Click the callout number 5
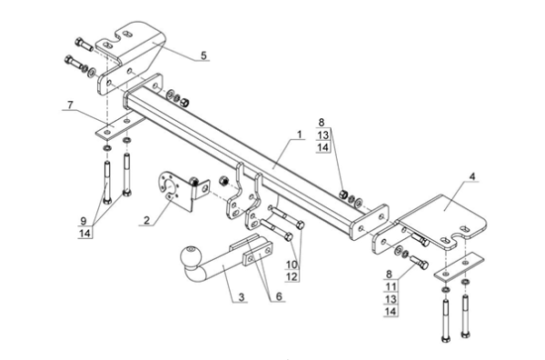[x=203, y=55]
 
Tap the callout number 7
[x=70, y=105]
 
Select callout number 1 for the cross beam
[x=299, y=135]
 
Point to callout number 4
[x=471, y=176]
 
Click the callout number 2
[x=146, y=220]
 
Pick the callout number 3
[x=242, y=297]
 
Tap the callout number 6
[x=279, y=296]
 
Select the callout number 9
[x=83, y=221]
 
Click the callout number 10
[x=292, y=265]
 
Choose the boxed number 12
[x=292, y=276]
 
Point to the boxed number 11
[x=391, y=286]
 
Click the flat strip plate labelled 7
[x=121, y=126]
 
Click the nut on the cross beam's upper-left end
[x=184, y=102]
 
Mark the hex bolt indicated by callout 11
[x=419, y=263]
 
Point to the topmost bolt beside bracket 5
[x=84, y=45]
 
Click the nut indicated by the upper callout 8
[x=343, y=195]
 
